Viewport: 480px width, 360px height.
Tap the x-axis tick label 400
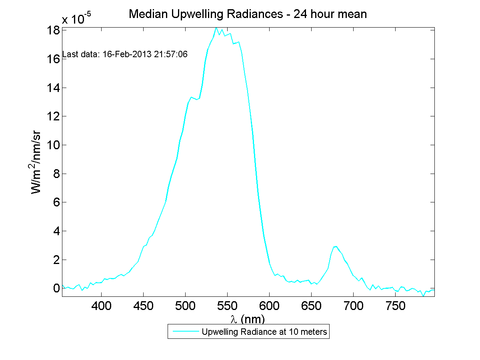(102, 307)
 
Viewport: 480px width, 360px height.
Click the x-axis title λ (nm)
(248, 319)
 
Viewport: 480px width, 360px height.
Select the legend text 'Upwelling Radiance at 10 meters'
(264, 332)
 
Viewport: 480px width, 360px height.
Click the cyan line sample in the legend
(185, 332)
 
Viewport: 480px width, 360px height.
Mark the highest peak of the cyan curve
(216, 28)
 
